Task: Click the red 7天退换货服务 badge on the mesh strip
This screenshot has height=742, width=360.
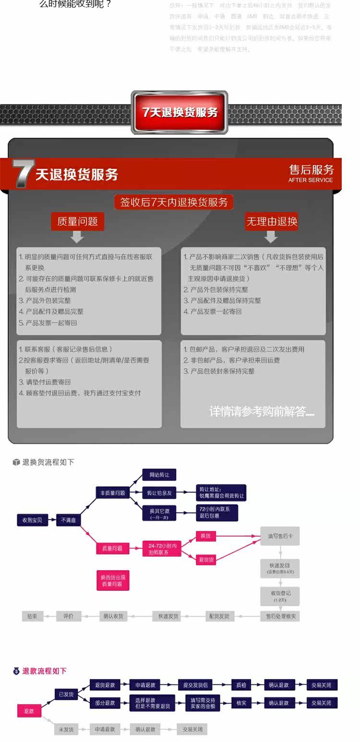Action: click(x=180, y=112)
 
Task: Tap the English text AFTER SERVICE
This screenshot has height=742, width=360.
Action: click(x=310, y=180)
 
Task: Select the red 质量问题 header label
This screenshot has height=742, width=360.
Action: click(x=77, y=221)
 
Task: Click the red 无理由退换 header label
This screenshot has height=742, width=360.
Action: click(x=272, y=221)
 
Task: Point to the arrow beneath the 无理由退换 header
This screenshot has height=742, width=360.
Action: click(x=271, y=237)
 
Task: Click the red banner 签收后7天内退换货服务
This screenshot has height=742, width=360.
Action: click(x=174, y=202)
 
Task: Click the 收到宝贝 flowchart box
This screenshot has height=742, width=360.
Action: click(x=32, y=520)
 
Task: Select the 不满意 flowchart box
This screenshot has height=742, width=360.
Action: click(x=68, y=520)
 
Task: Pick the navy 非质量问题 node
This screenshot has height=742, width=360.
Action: click(x=112, y=493)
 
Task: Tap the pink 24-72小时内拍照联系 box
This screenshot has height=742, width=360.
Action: click(x=162, y=549)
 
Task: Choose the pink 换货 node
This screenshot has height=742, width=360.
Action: click(x=205, y=536)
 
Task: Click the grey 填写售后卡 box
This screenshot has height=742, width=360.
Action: click(x=280, y=536)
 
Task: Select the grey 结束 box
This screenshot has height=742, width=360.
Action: click(x=32, y=616)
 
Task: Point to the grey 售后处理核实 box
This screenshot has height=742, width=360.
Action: click(x=280, y=616)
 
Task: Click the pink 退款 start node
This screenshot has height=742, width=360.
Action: click(x=29, y=711)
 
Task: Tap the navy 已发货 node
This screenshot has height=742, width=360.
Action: click(x=66, y=694)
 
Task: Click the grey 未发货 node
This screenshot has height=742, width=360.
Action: click(x=66, y=730)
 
